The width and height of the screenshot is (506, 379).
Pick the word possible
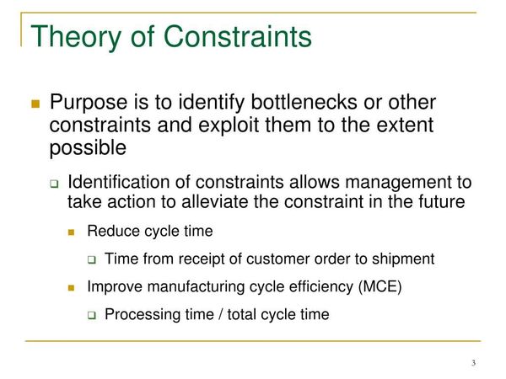87,148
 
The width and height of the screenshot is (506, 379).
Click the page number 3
474,363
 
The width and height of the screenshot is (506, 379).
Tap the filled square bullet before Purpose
35,104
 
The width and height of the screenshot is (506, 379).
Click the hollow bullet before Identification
54,184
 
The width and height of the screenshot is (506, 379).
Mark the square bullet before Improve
73,287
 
